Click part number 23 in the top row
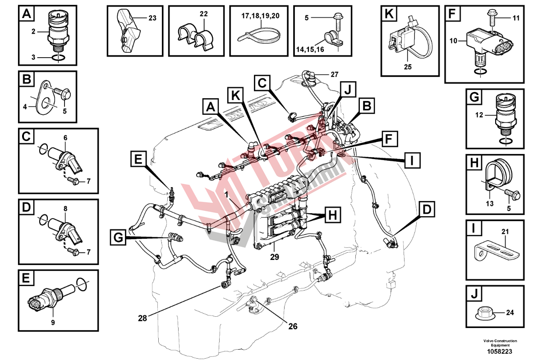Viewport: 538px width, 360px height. coord(152,18)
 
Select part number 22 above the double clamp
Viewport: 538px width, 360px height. coord(204,14)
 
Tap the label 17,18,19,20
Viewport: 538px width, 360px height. coord(260,15)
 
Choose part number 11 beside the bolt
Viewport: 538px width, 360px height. coord(516,18)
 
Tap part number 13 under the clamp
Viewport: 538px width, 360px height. coord(489,204)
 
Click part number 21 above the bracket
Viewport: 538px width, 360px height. coord(505,232)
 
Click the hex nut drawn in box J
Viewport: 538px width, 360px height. coord(485,311)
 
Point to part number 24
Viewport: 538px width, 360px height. coord(510,312)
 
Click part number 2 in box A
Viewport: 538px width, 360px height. coord(33,32)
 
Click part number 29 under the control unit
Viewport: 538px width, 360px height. coord(275,257)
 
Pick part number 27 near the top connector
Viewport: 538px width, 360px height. coord(334,74)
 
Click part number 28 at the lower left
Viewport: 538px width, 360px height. coord(143,318)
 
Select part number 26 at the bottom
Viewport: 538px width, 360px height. coord(293,326)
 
